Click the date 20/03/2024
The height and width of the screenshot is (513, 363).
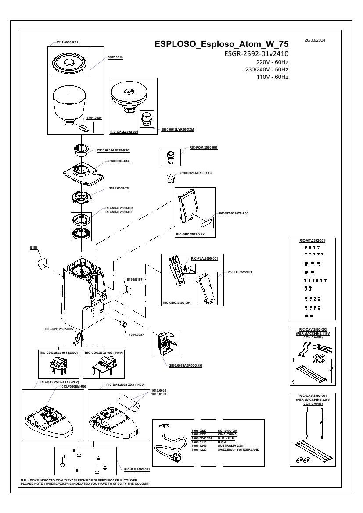[315, 41]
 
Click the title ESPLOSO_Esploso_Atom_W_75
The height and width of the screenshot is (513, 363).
[222, 44]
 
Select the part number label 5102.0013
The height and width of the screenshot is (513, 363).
[115, 57]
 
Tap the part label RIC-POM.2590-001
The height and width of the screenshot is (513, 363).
[204, 148]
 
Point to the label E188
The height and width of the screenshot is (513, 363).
[34, 248]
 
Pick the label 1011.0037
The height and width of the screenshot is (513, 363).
[136, 335]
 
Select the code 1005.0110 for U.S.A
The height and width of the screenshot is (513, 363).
[199, 442]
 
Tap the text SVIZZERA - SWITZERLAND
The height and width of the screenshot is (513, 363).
[238, 449]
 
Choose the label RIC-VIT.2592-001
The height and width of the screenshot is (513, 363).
[312, 240]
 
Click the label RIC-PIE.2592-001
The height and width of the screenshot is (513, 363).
[137, 470]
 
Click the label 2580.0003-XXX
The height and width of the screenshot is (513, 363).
[119, 161]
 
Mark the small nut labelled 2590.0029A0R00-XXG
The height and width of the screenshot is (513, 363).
[170, 178]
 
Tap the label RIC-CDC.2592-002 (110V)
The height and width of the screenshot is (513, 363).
[104, 353]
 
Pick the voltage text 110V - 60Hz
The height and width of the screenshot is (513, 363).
[272, 77]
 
